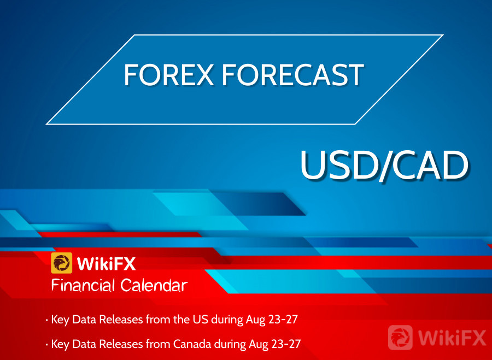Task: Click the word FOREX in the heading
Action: pos(169,75)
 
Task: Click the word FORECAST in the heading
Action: pos(293,75)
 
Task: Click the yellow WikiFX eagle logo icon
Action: pos(61,263)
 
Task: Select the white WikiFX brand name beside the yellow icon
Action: pos(107,263)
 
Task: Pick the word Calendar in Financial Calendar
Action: pos(154,285)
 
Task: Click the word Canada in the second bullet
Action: pos(192,344)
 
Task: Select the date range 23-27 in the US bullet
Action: pos(283,319)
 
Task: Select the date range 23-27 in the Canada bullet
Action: pos(286,344)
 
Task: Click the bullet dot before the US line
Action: pos(47,320)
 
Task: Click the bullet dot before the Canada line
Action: pos(47,345)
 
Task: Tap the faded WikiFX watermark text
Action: pos(452,338)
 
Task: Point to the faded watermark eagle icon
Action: pos(400,338)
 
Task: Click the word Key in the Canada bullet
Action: pos(60,344)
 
